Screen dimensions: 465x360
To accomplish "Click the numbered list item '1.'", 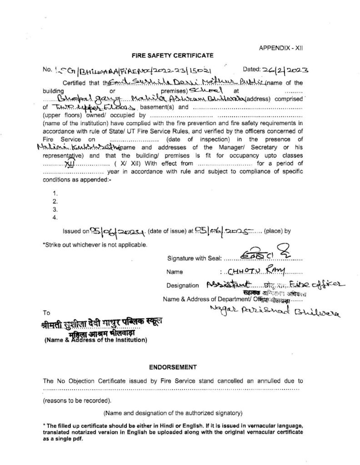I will [x=55, y=193].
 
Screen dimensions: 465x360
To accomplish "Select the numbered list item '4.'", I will [x=55, y=217].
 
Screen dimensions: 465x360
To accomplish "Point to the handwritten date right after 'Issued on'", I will [x=117, y=231].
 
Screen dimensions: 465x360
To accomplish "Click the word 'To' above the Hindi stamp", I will [x=46, y=313].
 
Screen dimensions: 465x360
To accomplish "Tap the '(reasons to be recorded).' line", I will [x=77, y=401].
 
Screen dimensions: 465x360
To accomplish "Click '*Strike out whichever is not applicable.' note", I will [x=95, y=245].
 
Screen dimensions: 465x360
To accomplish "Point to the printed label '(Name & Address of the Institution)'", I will [x=95, y=339].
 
